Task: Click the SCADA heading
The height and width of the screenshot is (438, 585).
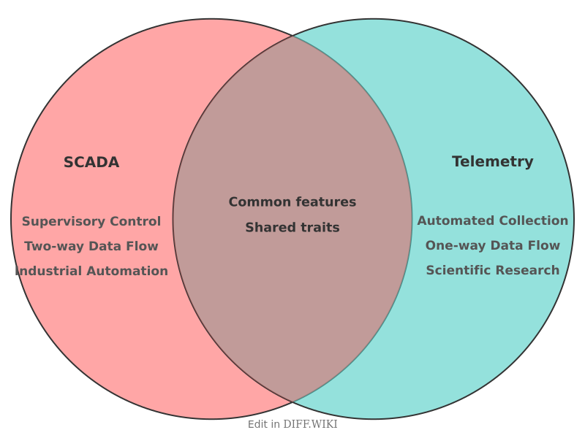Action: (x=91, y=163)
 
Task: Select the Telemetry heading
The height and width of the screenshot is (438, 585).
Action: (x=492, y=162)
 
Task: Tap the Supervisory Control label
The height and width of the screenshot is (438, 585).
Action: (x=91, y=221)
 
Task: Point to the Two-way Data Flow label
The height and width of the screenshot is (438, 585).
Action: (x=91, y=246)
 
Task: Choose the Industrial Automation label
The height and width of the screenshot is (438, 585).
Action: (x=91, y=271)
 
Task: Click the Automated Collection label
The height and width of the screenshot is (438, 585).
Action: (x=492, y=220)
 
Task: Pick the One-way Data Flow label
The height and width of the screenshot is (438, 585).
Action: (x=492, y=245)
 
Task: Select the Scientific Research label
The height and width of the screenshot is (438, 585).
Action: (x=492, y=270)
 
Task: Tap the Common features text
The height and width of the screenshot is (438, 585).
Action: (x=292, y=202)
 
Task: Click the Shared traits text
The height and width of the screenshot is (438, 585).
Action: (x=292, y=228)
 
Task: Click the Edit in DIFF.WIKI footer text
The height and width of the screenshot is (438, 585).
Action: (x=292, y=424)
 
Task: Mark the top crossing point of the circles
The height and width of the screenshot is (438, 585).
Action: (x=292, y=35)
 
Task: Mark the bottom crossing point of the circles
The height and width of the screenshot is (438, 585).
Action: (x=292, y=402)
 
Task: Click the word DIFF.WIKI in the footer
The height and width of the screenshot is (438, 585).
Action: (x=310, y=424)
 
